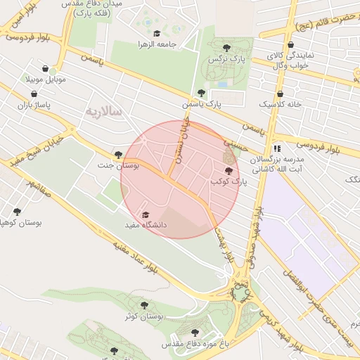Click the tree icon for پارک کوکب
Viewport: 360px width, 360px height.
pos(227,171)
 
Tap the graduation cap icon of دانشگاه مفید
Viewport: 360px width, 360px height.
pos(146,215)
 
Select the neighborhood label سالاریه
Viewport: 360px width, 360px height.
pos(103,112)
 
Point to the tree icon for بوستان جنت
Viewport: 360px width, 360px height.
pos(117,155)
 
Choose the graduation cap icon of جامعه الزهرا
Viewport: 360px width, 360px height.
pos(156,33)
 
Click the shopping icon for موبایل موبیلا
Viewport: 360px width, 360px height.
pos(46,69)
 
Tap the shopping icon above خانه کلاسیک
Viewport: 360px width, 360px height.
pos(280,94)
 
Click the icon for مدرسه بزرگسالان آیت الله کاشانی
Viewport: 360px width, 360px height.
pos(277,149)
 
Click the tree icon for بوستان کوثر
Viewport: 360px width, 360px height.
pos(143,306)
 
